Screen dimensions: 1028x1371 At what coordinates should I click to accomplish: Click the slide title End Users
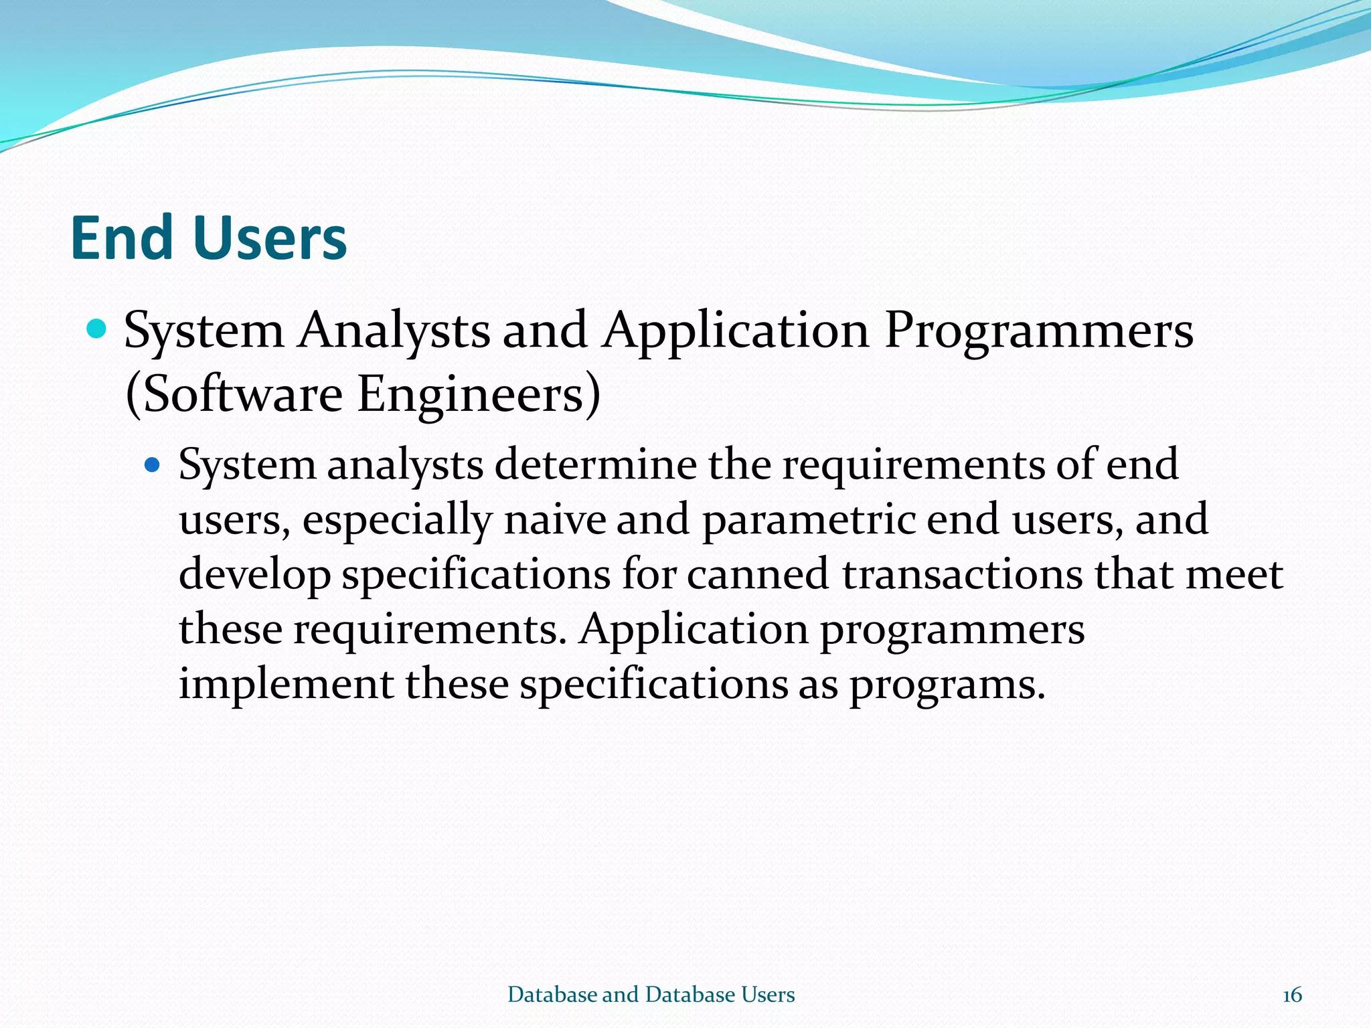208,238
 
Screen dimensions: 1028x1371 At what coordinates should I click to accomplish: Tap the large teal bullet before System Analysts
97,329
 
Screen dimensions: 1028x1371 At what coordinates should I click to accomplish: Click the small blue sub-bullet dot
153,464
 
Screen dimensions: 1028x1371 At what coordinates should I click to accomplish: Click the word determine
596,464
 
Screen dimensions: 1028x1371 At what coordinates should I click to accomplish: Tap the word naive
554,519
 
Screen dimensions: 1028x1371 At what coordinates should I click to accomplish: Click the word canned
758,574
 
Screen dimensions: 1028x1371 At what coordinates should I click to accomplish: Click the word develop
254,576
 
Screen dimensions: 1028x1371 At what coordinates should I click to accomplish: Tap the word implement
286,685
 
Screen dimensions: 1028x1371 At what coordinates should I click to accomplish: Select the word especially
397,521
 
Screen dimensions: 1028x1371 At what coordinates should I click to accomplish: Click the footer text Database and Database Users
651,995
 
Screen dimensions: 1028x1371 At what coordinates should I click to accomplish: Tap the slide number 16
1292,995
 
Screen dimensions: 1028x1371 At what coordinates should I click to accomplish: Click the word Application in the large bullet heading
735,331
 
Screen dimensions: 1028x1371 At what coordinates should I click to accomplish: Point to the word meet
1234,574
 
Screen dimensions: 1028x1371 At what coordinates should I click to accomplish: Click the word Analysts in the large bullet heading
394,331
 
